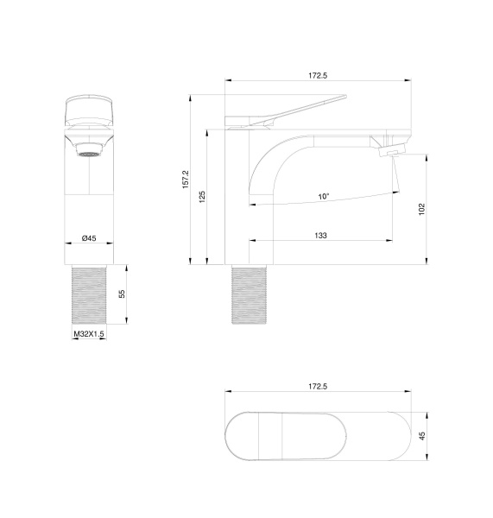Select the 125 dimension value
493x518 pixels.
point(202,197)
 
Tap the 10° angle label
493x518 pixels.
point(323,197)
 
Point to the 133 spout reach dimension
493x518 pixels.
point(320,236)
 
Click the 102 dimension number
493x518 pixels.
point(421,209)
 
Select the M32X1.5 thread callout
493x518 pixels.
point(88,333)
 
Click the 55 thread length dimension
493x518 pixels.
point(123,294)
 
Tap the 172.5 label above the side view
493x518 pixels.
point(318,76)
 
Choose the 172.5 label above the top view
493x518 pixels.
point(318,386)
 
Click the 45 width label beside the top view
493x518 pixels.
point(422,436)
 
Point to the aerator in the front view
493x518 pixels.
point(88,153)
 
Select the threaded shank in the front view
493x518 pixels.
point(88,294)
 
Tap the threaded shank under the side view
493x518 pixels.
point(251,294)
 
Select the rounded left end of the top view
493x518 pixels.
point(237,436)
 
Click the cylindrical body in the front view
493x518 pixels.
point(88,199)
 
